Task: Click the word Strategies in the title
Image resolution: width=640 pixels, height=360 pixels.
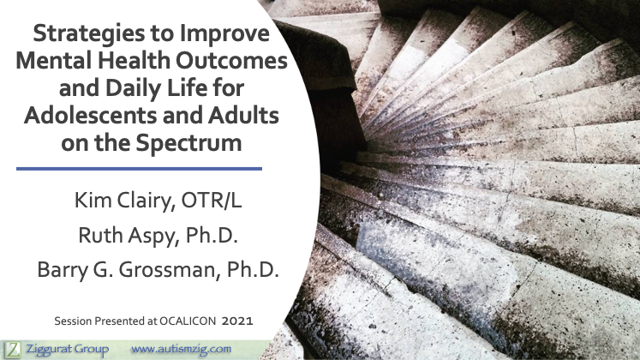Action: tap(89, 34)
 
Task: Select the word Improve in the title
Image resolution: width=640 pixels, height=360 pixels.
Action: tap(224, 34)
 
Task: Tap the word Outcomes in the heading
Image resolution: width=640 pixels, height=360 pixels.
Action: tap(231, 61)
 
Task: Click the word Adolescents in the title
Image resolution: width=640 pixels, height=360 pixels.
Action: tap(90, 116)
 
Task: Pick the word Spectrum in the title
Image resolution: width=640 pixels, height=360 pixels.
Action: tap(188, 144)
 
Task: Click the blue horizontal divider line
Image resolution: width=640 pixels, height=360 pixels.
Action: tap(139, 169)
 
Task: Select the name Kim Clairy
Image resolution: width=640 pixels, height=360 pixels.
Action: tap(122, 201)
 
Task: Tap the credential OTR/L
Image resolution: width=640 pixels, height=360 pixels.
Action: tap(211, 201)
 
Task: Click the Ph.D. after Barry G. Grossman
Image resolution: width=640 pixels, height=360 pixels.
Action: tap(253, 270)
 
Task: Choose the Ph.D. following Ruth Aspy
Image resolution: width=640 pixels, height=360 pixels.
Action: tap(212, 235)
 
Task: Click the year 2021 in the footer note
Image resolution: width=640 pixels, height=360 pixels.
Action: tap(237, 321)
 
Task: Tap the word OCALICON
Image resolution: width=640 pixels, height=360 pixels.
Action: tap(188, 321)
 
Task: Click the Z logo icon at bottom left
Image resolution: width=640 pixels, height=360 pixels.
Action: tap(13, 351)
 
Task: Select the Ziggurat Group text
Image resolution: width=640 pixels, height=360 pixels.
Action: tap(68, 350)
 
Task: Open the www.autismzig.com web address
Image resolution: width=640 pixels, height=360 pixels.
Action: tap(182, 350)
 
